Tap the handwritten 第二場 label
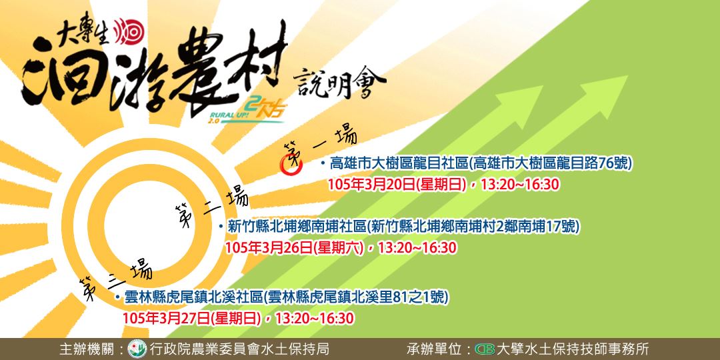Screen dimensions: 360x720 pos(211,206)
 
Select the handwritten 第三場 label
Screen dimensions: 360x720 pos(115,277)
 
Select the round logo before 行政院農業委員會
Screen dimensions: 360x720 pos(137,349)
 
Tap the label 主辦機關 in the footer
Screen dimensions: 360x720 pos(86,349)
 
